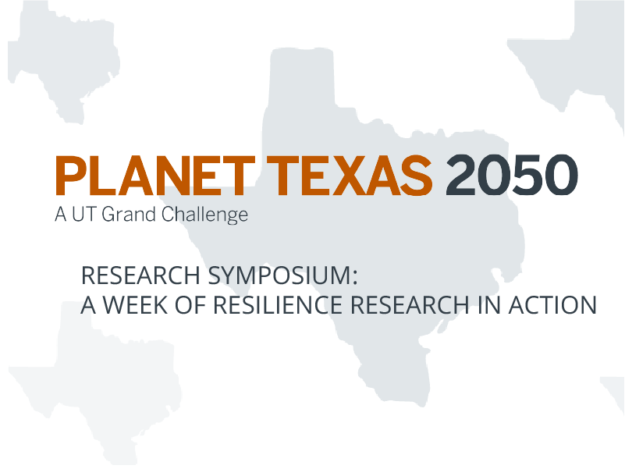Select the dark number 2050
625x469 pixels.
pos(511,176)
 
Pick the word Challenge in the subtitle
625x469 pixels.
pos(204,214)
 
